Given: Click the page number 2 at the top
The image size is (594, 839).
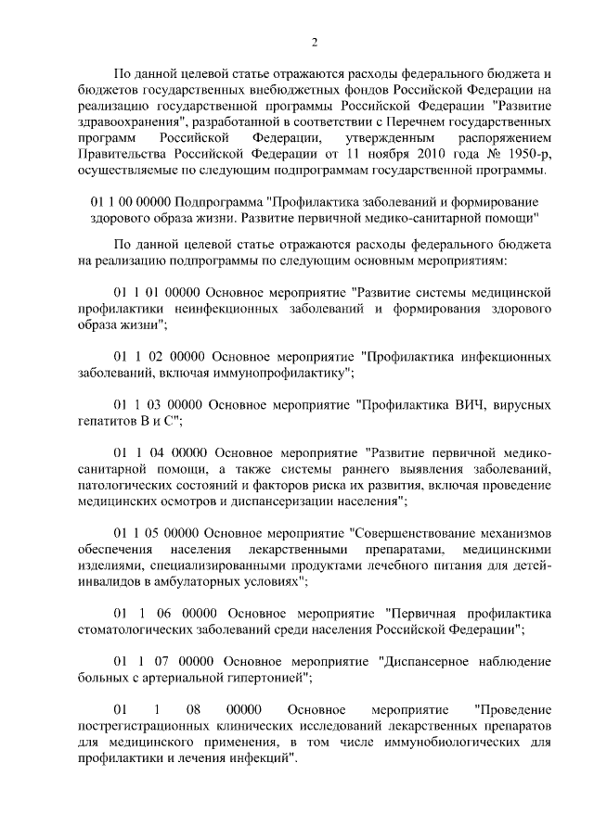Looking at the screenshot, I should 315,42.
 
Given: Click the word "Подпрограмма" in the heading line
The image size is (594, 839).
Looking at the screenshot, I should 220,202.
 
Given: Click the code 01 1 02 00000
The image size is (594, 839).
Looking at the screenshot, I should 157,356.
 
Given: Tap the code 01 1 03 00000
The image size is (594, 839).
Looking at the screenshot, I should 156,405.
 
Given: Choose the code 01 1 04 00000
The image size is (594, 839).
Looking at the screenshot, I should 156,453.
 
